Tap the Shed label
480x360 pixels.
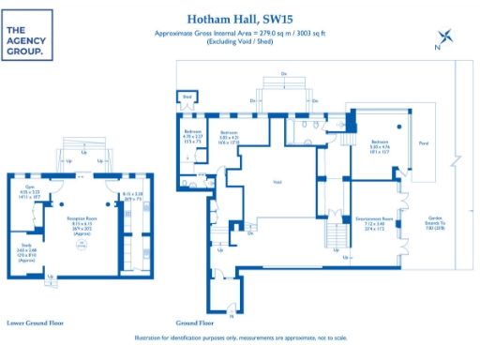[187, 97]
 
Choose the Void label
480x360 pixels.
[277, 182]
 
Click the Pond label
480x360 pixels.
[424, 144]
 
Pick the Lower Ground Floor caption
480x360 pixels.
[35, 322]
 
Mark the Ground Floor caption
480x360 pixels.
[193, 322]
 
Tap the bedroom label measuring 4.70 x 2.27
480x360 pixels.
[191, 136]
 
